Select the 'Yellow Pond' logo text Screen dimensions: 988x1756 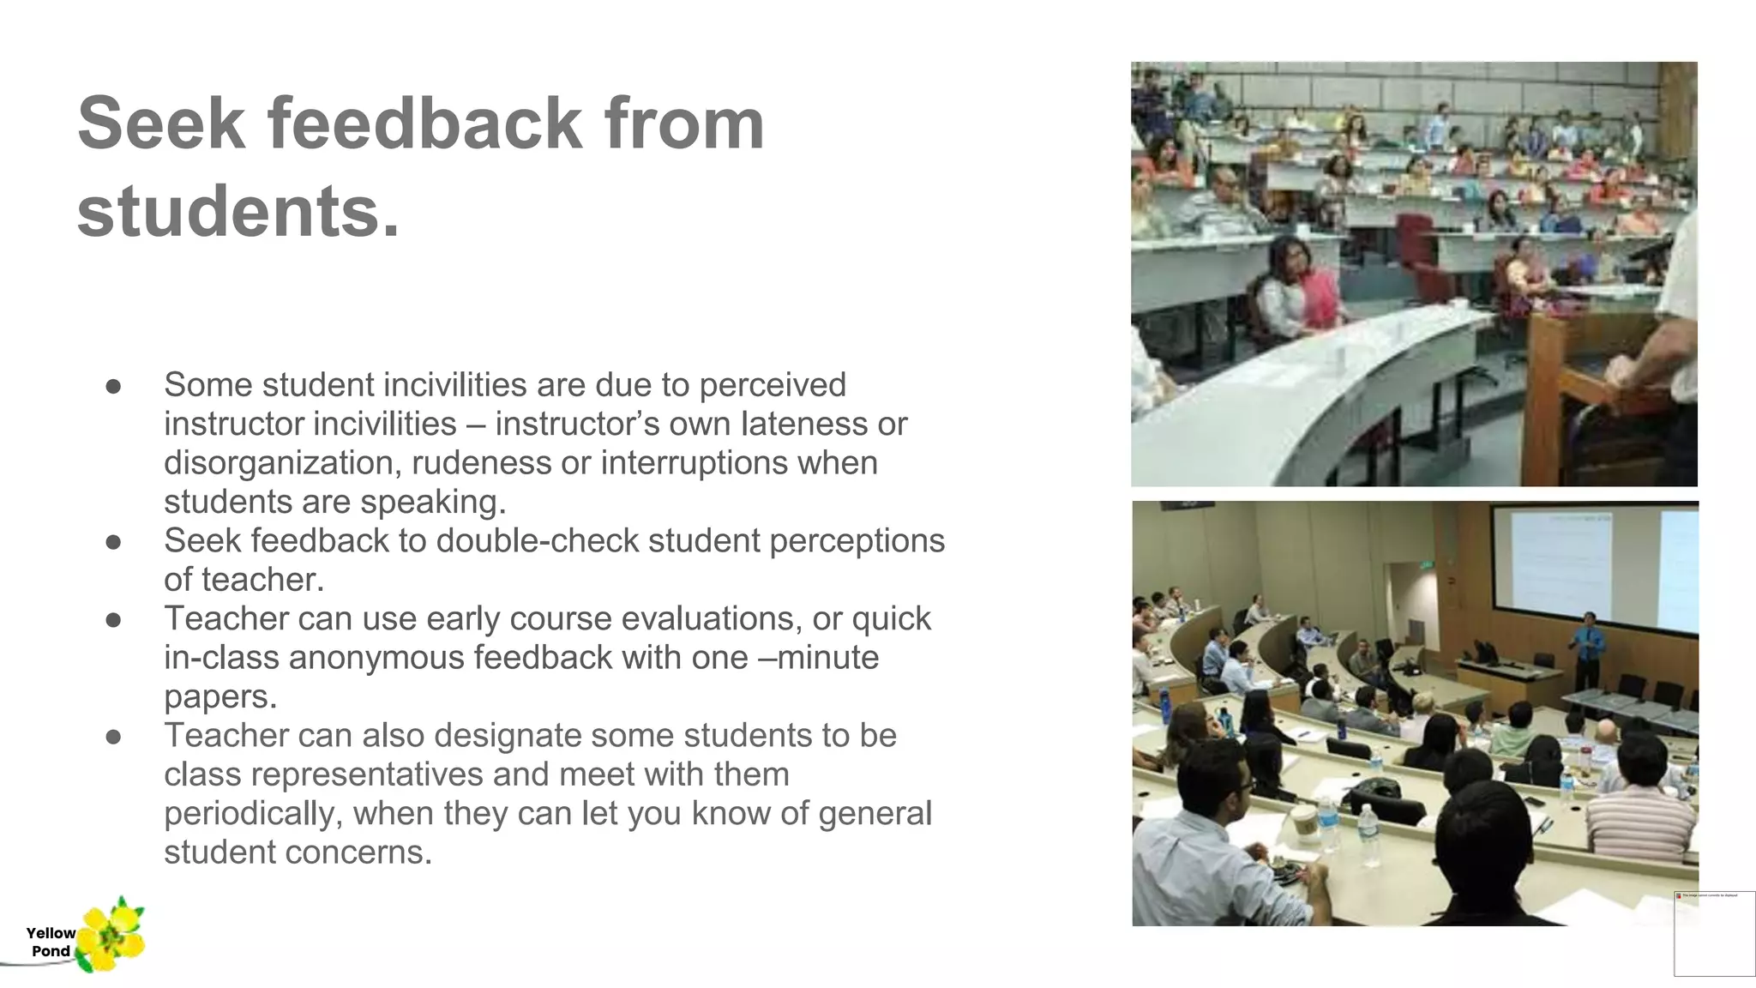[x=51, y=942]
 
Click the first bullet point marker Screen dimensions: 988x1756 [x=113, y=386]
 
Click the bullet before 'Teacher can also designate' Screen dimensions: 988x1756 [x=113, y=737]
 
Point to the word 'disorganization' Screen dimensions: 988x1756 [x=283, y=463]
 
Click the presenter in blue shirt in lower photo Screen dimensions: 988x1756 [x=1587, y=648]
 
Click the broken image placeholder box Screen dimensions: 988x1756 [x=1713, y=933]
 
